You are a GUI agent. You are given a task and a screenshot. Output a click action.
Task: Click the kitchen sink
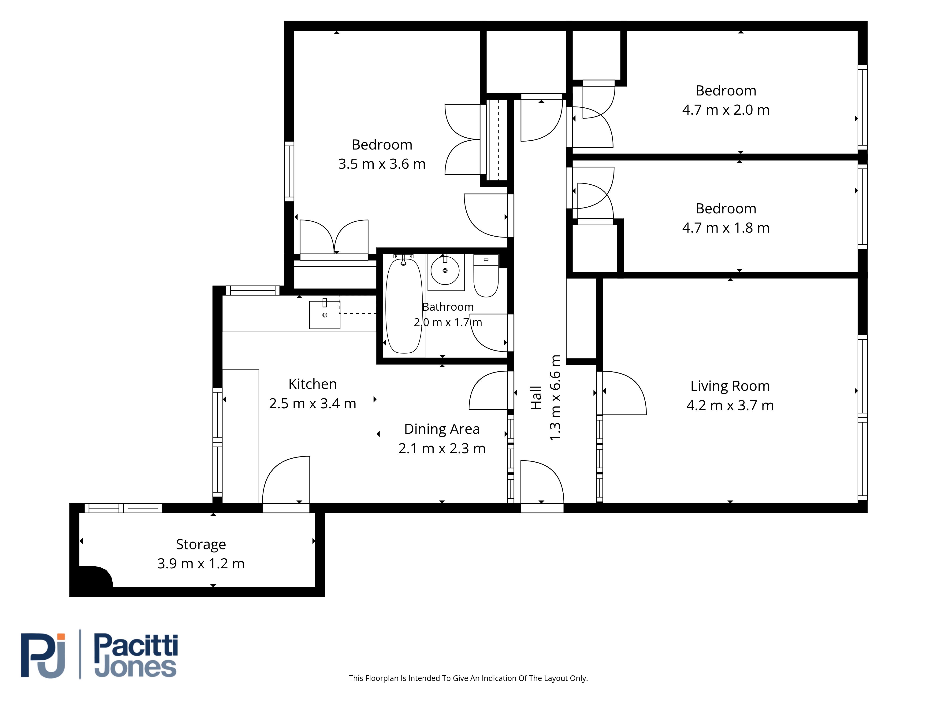click(x=324, y=314)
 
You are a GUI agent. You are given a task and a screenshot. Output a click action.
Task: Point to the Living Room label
click(x=730, y=386)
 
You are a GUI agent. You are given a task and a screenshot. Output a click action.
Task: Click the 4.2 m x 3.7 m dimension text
click(x=730, y=405)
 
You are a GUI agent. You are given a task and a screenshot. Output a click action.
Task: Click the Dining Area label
click(x=442, y=429)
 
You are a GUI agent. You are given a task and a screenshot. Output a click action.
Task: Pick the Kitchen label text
click(x=313, y=384)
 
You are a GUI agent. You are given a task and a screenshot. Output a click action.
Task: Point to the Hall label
click(x=536, y=398)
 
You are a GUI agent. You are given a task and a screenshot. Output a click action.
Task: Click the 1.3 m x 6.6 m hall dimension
click(x=555, y=398)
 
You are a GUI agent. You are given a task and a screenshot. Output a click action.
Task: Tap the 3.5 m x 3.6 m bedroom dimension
click(x=382, y=164)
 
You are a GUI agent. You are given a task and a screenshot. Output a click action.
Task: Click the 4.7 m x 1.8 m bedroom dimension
click(x=726, y=228)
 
